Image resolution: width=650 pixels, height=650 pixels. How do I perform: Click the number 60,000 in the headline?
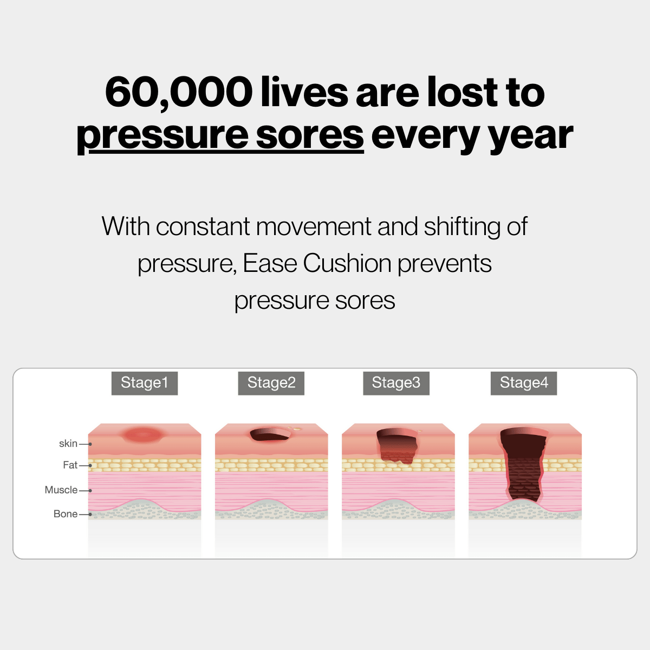tap(178, 92)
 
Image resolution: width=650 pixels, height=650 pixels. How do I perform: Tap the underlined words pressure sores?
tap(220, 135)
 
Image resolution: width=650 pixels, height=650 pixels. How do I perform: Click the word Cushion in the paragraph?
tap(347, 264)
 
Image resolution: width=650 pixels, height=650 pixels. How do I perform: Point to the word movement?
tap(314, 226)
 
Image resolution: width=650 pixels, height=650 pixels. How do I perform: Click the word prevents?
tap(444, 264)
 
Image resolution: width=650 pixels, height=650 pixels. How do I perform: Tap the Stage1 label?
tap(145, 383)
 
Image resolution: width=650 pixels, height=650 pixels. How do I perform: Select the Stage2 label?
tap(271, 383)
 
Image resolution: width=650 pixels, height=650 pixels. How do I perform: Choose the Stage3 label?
tap(396, 383)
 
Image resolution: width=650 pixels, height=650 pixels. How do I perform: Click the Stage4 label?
tap(524, 383)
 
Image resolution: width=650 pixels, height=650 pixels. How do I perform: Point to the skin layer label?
tap(68, 444)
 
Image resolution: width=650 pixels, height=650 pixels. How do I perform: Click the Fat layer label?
tap(70, 465)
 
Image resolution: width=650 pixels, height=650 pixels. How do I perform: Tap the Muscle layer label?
tap(61, 490)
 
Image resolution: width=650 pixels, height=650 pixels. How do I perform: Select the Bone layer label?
tap(66, 513)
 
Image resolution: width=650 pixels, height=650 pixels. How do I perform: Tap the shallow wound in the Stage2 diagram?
tap(270, 434)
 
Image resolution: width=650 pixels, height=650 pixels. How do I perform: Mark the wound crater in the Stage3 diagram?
tap(398, 446)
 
